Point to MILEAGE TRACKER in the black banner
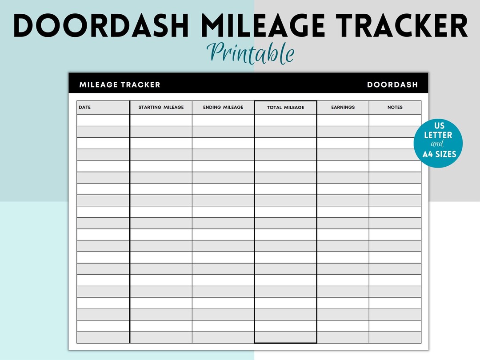click(x=120, y=84)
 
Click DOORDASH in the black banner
click(x=392, y=84)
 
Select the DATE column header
click(x=84, y=107)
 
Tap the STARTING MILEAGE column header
click(x=161, y=107)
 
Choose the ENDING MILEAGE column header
click(x=223, y=107)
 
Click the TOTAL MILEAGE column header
click(x=285, y=108)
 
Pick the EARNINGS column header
click(x=343, y=107)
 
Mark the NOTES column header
click(x=395, y=107)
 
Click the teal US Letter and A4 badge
click(x=438, y=143)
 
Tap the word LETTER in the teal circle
click(x=438, y=135)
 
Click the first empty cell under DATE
click(x=103, y=120)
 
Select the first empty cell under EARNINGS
click(x=343, y=120)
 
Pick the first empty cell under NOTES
click(x=395, y=120)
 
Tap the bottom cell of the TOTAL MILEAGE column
click(x=285, y=337)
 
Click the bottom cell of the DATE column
click(x=103, y=337)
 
